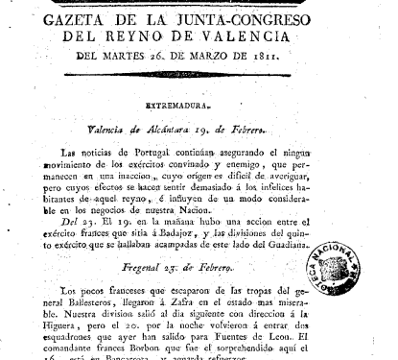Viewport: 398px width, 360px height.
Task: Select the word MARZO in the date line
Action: point(228,57)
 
